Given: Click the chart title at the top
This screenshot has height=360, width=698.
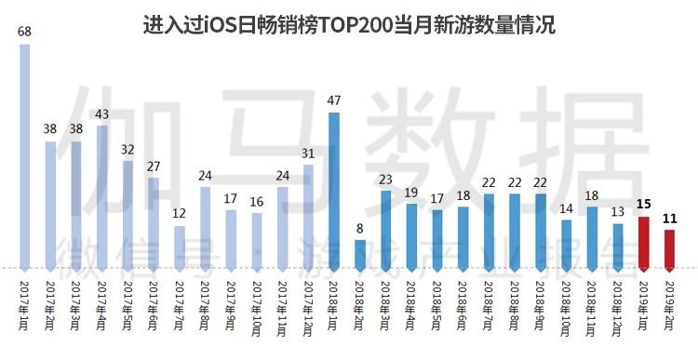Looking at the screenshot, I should coord(349,24).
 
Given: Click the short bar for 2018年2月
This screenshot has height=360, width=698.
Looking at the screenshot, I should coord(360,254).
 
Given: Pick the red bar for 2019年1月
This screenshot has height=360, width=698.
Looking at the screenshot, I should coord(642,243).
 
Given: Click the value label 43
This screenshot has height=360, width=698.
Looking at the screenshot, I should coord(102,113).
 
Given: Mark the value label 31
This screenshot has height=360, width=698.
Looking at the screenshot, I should coord(308,152).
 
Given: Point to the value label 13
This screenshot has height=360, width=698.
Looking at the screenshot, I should coord(617,210).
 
